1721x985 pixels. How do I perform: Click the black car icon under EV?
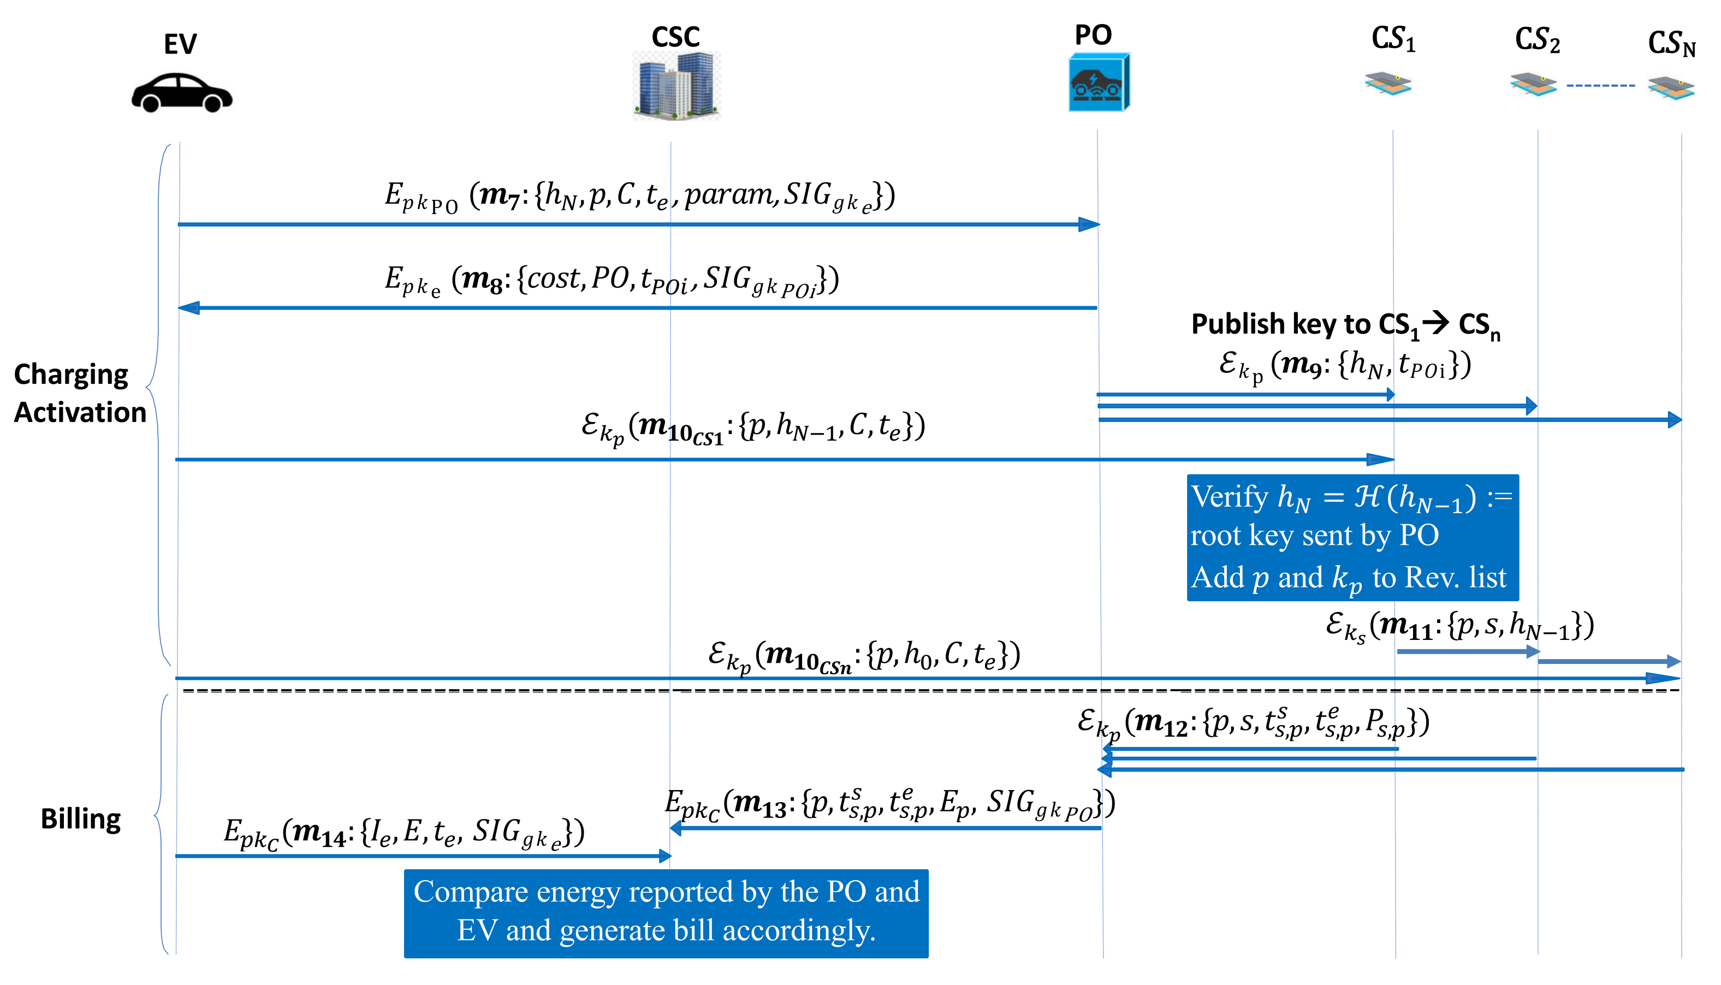click(181, 93)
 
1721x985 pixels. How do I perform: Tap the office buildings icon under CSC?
click(676, 85)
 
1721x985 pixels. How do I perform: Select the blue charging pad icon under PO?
click(1099, 82)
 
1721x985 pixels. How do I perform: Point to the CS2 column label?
click(1537, 40)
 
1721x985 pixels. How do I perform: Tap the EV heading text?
click(180, 45)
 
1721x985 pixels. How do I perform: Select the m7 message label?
click(639, 196)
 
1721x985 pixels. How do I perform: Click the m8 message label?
click(612, 280)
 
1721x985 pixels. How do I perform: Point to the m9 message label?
click(1344, 366)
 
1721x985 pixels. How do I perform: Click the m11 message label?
click(1459, 626)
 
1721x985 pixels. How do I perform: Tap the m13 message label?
click(889, 804)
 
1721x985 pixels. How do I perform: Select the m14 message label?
click(404, 833)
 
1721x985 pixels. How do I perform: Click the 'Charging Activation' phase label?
click(80, 393)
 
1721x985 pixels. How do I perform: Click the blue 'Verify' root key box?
click(1352, 537)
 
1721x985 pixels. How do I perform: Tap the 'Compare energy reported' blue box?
click(666, 912)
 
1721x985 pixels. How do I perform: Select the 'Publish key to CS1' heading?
click(1345, 325)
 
